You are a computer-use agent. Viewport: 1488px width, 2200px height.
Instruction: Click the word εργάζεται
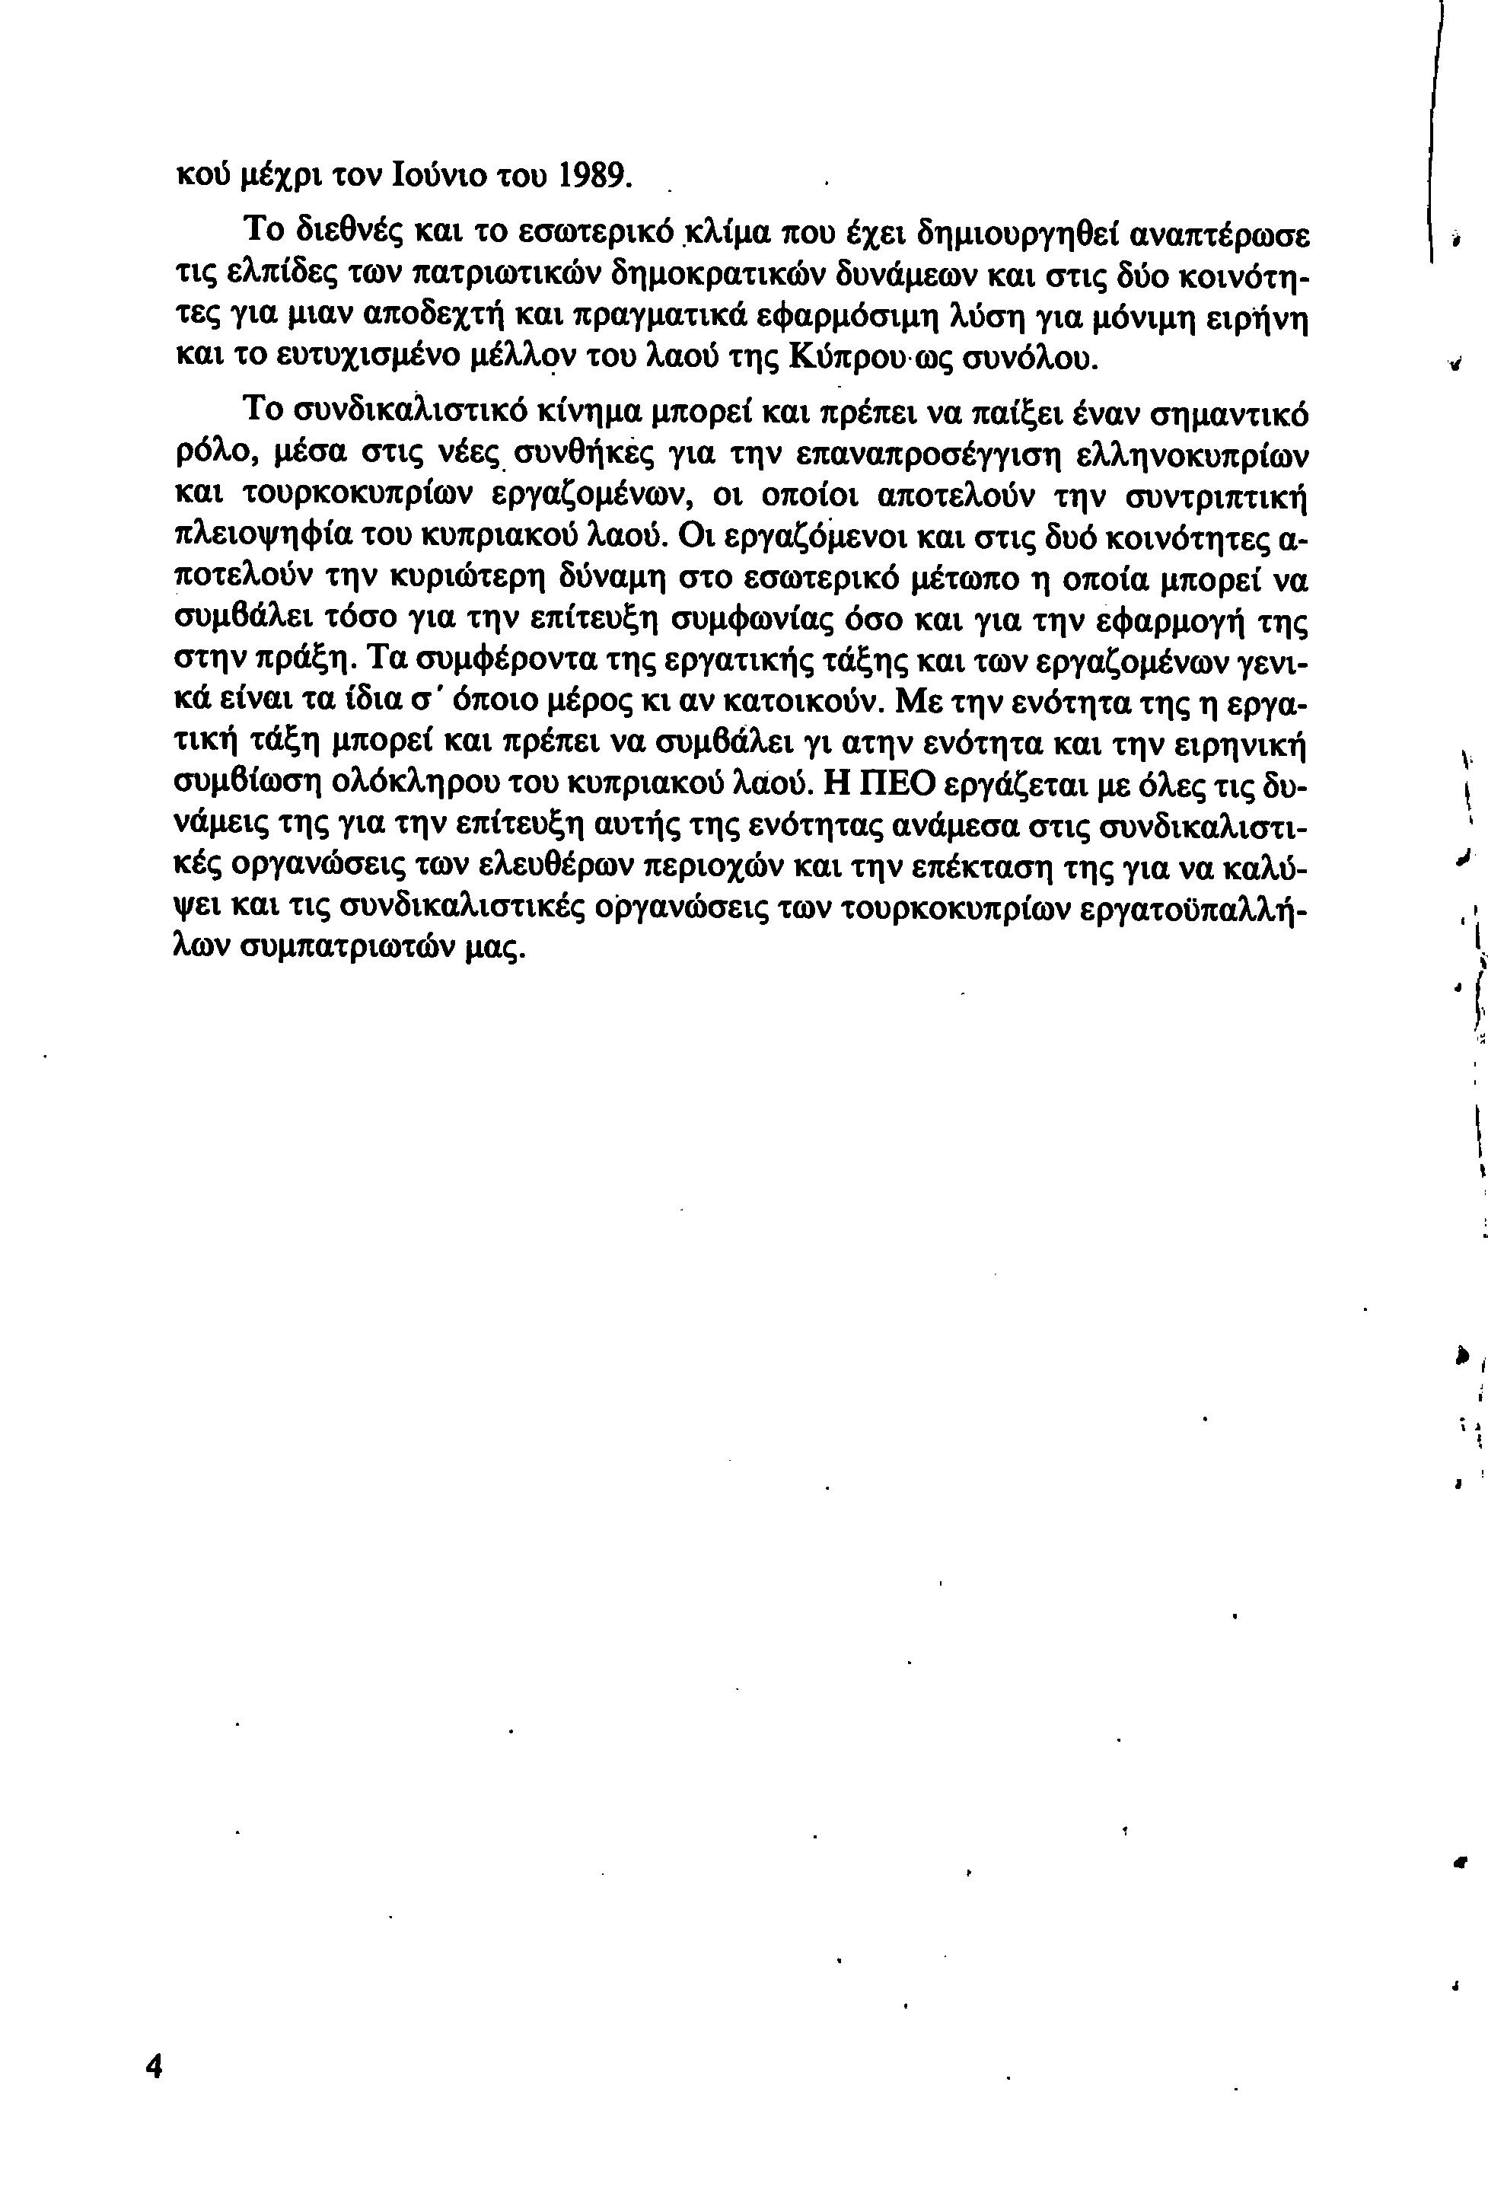click(1017, 784)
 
